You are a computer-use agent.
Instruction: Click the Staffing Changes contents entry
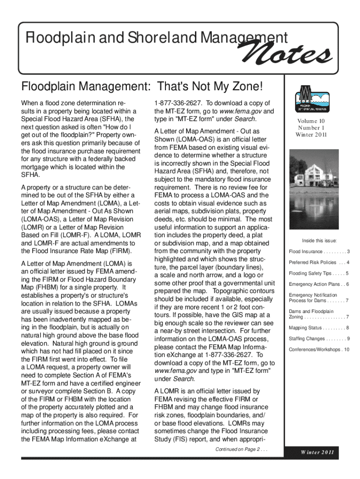[319, 338]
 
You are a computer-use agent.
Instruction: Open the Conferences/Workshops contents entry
[319, 349]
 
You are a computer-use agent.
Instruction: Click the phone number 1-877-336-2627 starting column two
[178, 103]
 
